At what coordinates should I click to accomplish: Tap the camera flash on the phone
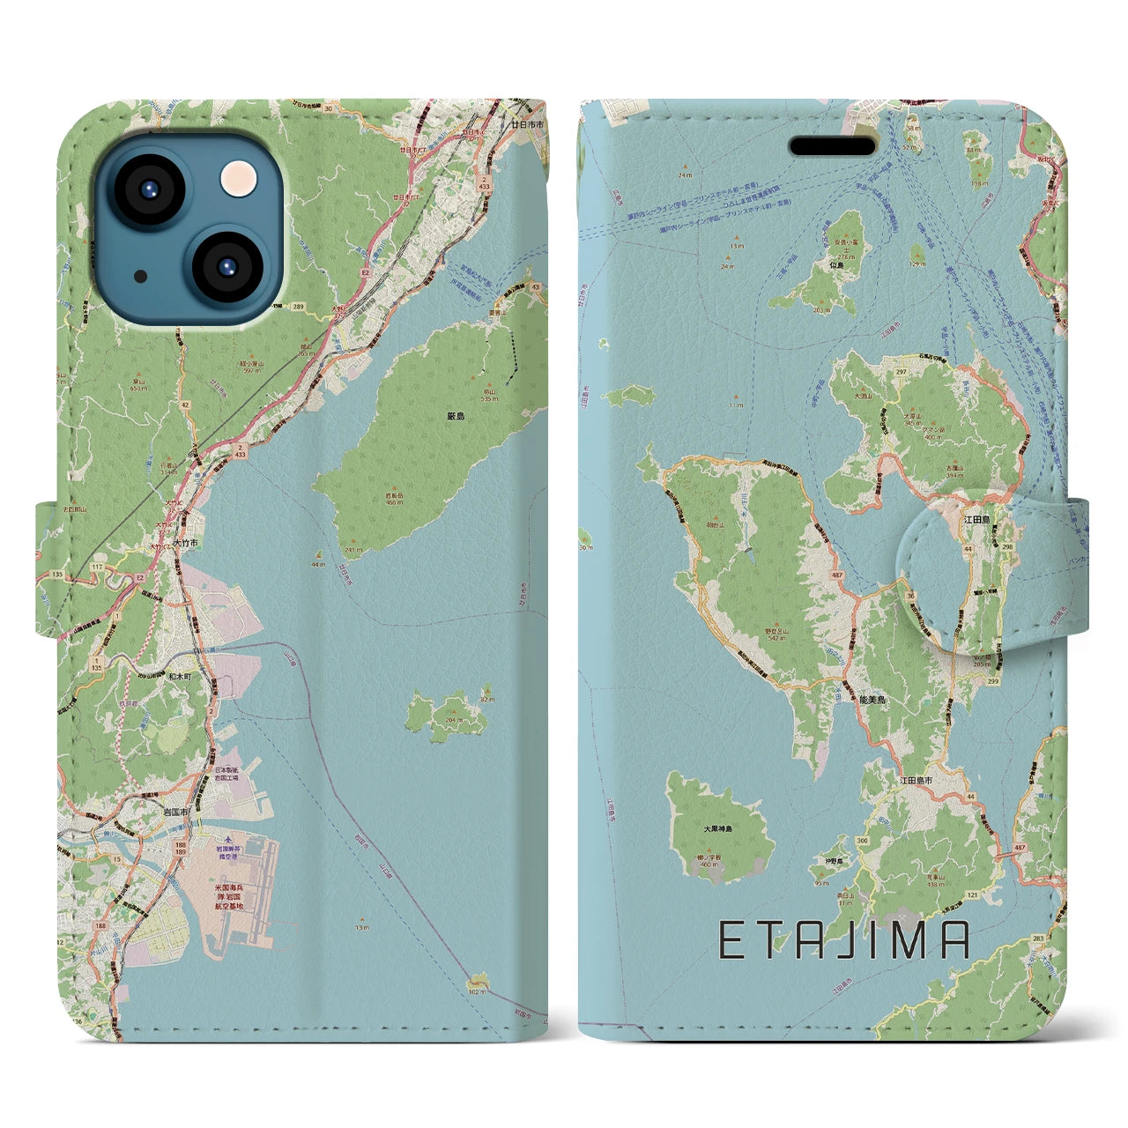click(236, 179)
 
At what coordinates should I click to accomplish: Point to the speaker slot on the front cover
click(833, 145)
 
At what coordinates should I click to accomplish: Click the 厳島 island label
click(455, 415)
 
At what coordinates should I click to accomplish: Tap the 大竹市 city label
click(186, 544)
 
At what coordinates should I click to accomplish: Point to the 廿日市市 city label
click(528, 125)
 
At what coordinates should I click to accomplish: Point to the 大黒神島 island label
click(718, 829)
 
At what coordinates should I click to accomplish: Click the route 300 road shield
click(861, 842)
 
